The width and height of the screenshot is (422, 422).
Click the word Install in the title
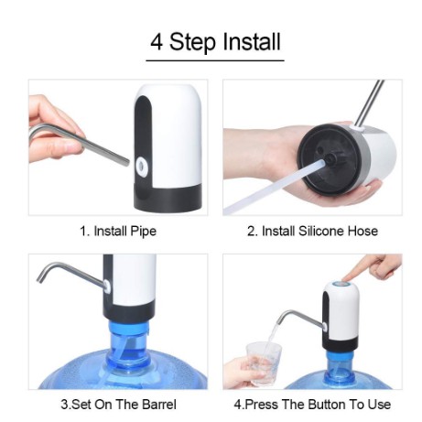pos(252,41)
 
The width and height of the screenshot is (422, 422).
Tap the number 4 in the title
pos(157,42)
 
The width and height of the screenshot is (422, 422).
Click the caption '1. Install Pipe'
pos(118,231)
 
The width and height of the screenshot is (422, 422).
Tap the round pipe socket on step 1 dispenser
pos(141,166)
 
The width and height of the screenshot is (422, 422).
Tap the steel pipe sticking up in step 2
pos(370,103)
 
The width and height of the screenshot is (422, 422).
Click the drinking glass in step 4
pos(264,363)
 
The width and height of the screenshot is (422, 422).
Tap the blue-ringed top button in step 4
pos(341,285)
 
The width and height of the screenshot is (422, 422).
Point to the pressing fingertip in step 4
pos(346,277)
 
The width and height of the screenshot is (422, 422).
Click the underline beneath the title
pos(215,60)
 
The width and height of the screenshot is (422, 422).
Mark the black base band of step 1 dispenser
pos(168,198)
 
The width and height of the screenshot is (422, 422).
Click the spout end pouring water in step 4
pos(279,320)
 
